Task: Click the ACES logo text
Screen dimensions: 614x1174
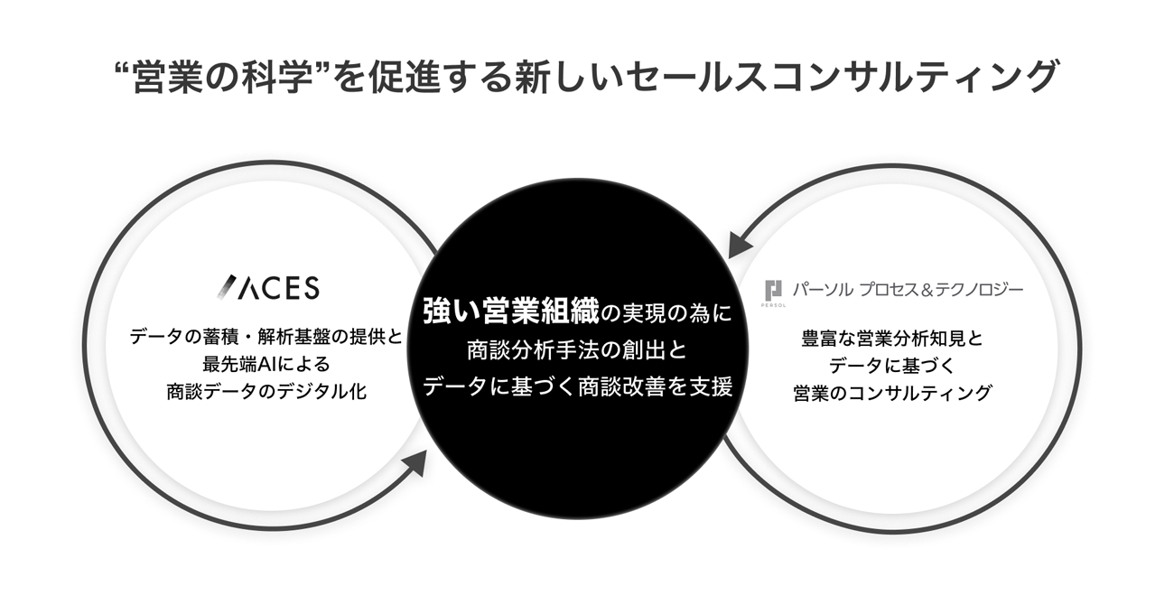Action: pos(281,288)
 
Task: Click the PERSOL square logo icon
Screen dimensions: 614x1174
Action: pos(773,291)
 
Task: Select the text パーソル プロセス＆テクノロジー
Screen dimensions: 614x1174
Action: pos(907,290)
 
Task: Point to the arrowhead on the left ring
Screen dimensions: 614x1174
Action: pos(414,462)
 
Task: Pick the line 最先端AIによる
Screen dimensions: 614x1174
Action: pos(267,365)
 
